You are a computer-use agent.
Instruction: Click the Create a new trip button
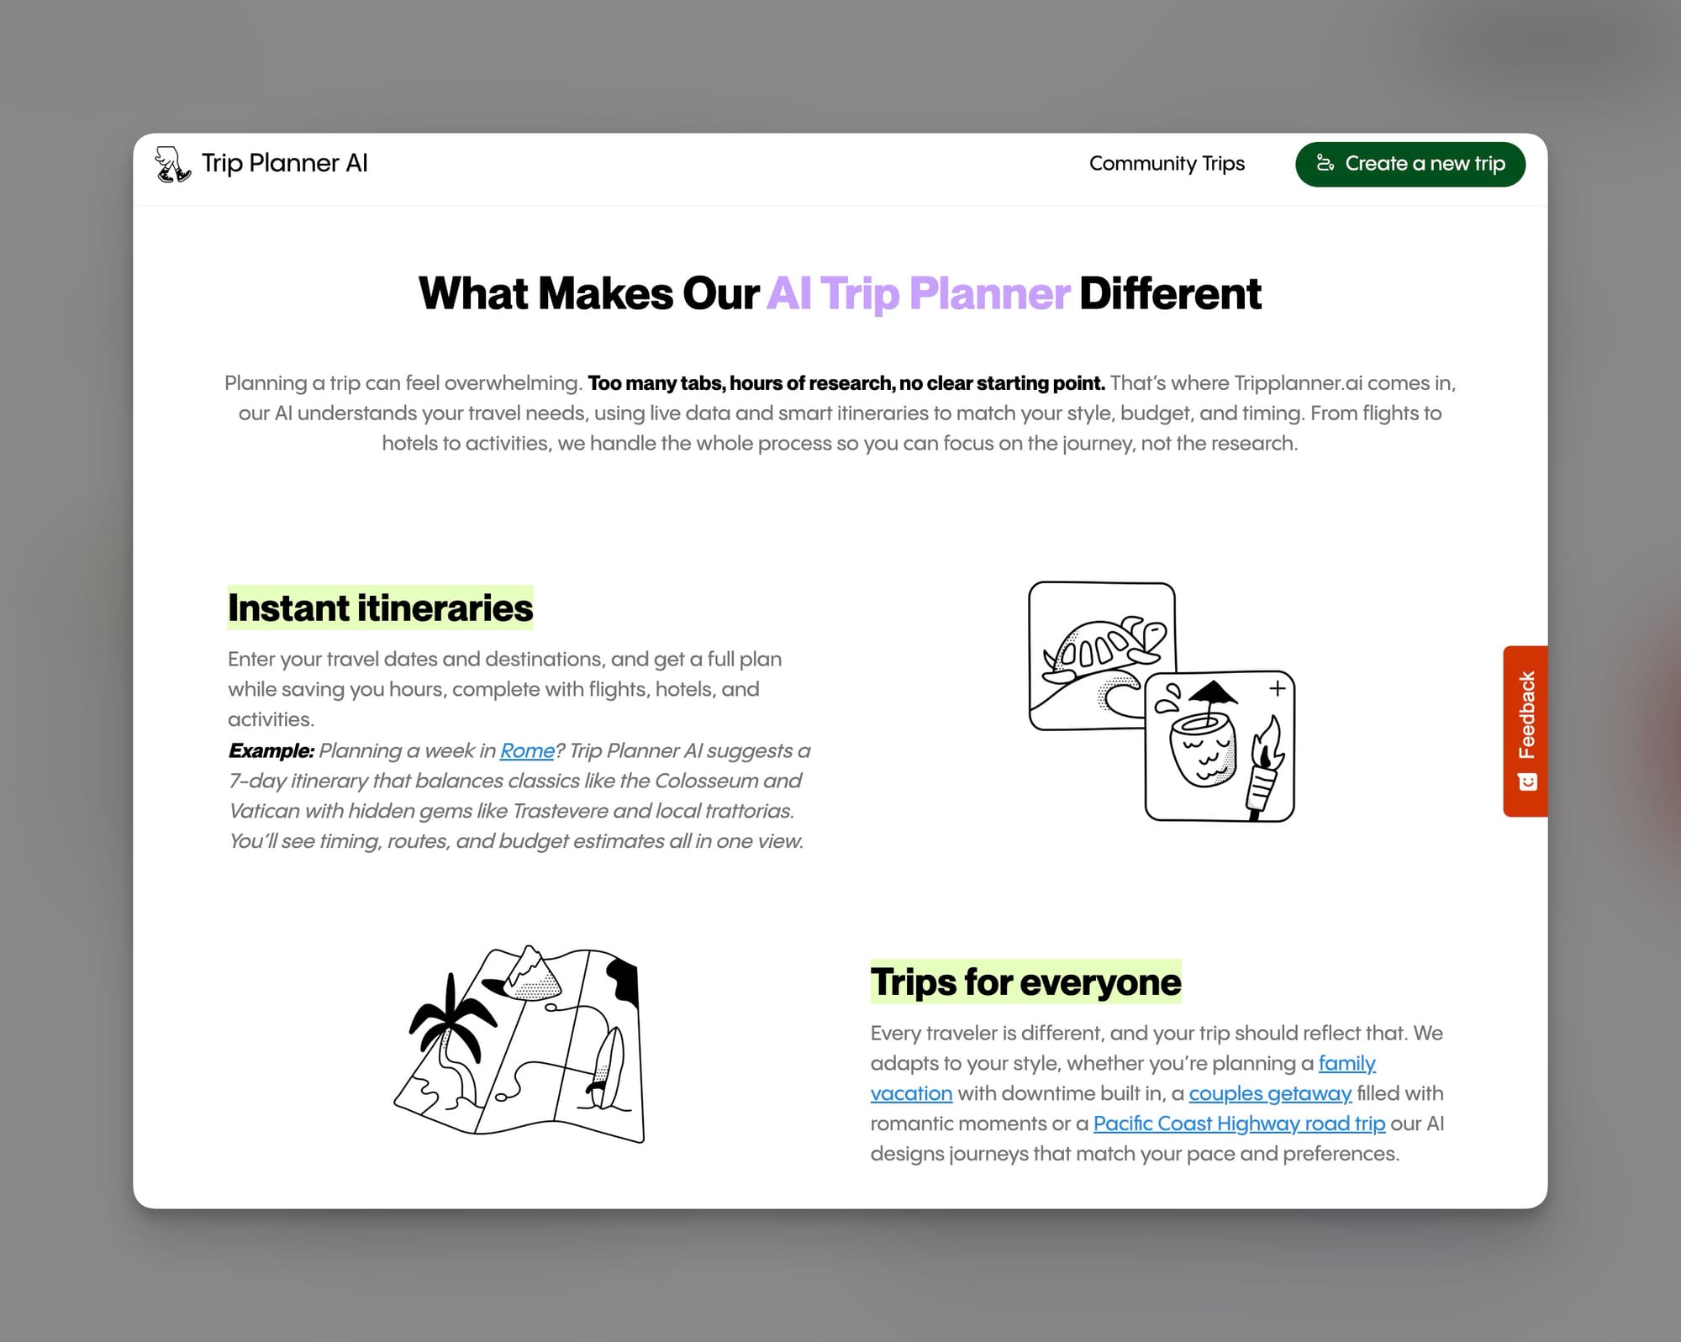click(1410, 164)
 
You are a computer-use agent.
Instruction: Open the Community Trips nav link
click(1166, 164)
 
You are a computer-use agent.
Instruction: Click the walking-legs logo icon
click(172, 164)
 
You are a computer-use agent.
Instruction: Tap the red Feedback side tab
click(1526, 730)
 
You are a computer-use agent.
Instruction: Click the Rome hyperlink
click(527, 750)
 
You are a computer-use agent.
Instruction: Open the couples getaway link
click(1269, 1093)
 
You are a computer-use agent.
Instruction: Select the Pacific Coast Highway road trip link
click(1238, 1124)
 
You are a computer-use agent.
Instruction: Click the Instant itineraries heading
click(380, 608)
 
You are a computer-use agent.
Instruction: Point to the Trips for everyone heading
click(1025, 982)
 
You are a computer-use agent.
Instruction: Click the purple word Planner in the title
click(988, 294)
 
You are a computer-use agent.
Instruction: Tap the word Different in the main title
click(1169, 294)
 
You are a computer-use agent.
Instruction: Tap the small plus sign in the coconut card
click(1278, 688)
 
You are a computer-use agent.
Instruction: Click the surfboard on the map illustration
click(606, 1064)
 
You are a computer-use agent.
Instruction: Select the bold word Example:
click(271, 750)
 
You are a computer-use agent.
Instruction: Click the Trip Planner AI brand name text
click(284, 163)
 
